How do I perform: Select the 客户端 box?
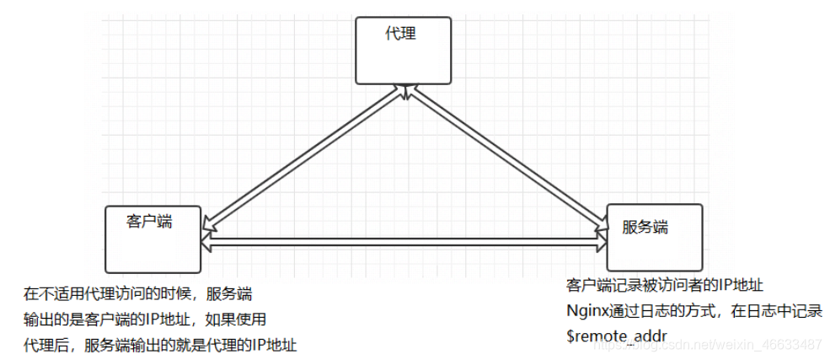(x=153, y=239)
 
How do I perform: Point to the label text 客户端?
(x=149, y=222)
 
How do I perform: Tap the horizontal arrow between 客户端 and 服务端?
(x=404, y=242)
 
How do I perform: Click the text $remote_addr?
(x=617, y=336)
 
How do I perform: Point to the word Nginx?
(x=586, y=310)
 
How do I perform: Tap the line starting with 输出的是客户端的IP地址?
(x=145, y=320)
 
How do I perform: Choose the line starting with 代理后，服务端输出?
(x=160, y=345)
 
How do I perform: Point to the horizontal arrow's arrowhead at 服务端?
(x=601, y=243)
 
